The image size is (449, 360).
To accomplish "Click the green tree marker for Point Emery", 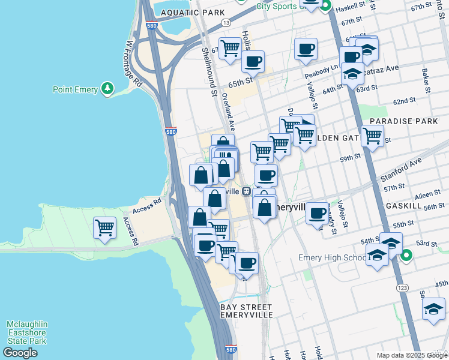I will pyautogui.click(x=107, y=89).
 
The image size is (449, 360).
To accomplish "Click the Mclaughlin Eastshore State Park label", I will pyautogui.click(x=27, y=332).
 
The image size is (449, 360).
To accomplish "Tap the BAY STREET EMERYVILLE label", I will pyautogui.click(x=247, y=311).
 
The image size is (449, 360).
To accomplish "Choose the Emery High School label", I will pyautogui.click(x=332, y=258).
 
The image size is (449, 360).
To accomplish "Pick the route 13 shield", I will pyautogui.click(x=226, y=22).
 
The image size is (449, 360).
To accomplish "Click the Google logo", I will pyautogui.click(x=20, y=353).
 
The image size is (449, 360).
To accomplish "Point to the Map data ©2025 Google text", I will pyautogui.click(x=411, y=355).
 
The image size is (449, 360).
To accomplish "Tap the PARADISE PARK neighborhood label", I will pyautogui.click(x=404, y=121).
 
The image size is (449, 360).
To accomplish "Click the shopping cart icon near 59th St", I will pyautogui.click(x=372, y=136).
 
